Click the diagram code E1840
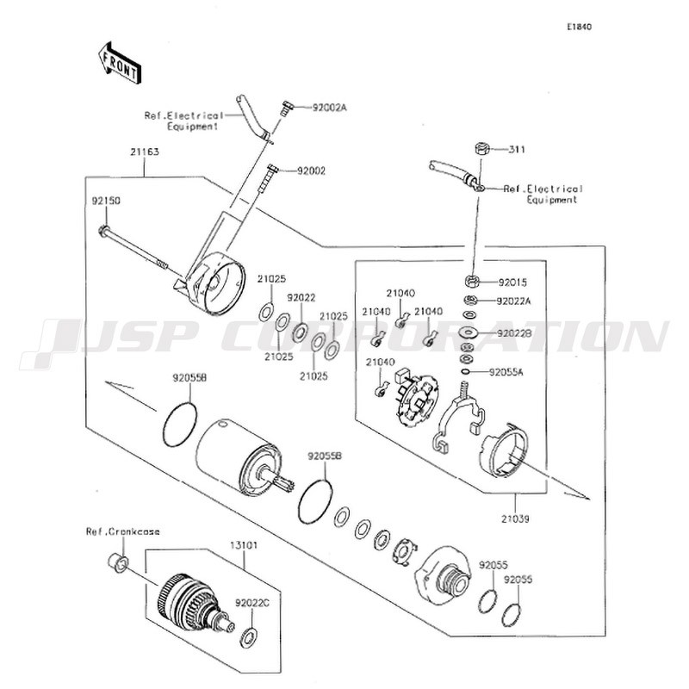coord(579,27)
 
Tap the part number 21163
coord(145,152)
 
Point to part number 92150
coord(106,200)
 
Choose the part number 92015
coord(512,282)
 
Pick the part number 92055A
coord(508,373)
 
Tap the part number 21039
coord(515,519)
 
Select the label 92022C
coord(252,604)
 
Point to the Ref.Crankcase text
coord(122,531)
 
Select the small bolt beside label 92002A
coord(284,108)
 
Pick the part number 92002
coord(311,171)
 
